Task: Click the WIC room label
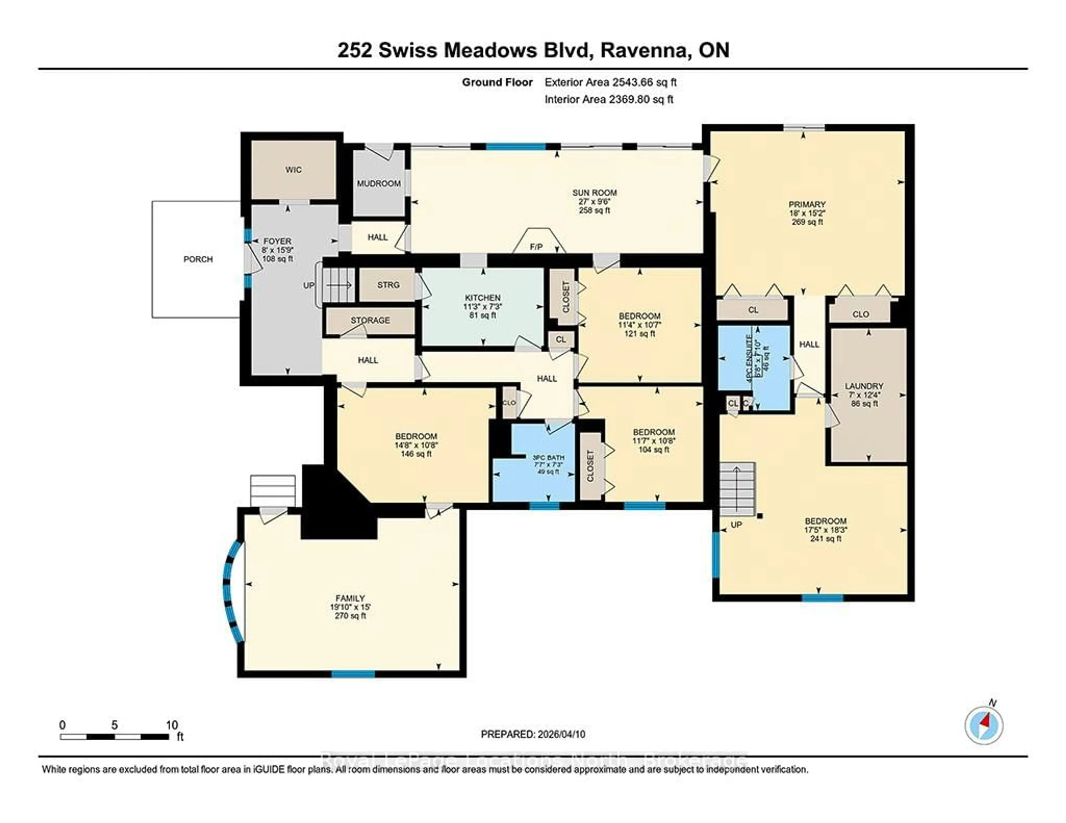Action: click(293, 170)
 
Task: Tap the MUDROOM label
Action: click(379, 183)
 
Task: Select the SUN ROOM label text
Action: click(595, 193)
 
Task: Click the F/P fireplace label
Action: click(536, 247)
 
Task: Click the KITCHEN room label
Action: click(482, 297)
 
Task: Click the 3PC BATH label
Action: click(548, 458)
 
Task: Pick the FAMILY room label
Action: click(350, 598)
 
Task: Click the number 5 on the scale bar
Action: click(114, 725)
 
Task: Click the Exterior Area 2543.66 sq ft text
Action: click(610, 82)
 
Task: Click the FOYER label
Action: click(277, 241)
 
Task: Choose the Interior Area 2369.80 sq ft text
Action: click(609, 100)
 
